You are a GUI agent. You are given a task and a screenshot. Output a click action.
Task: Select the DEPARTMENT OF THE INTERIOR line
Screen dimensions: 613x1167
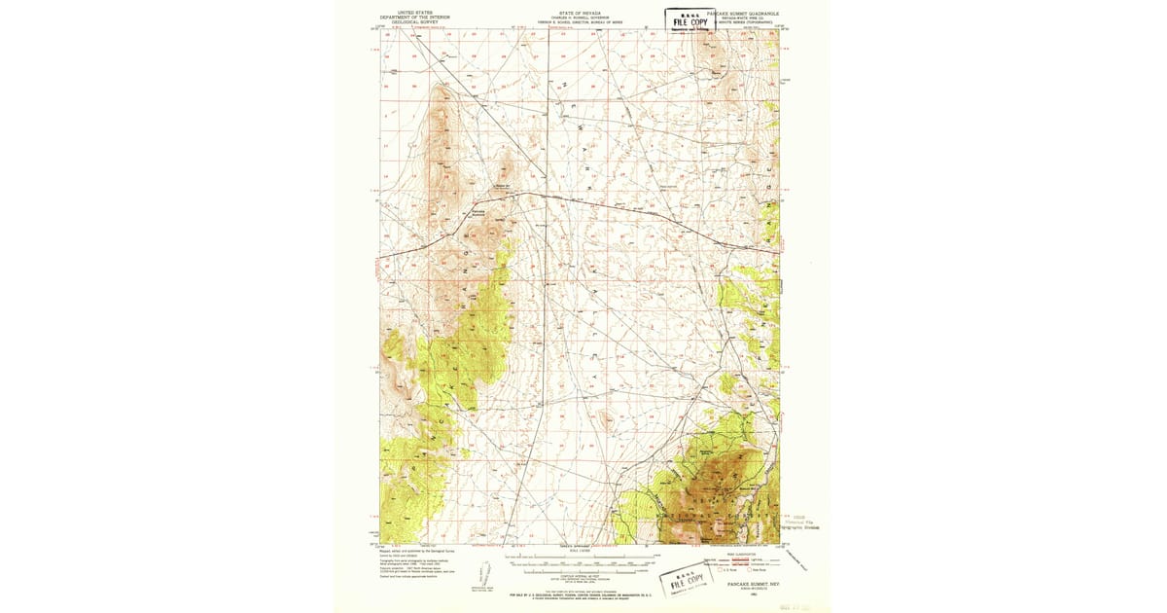click(x=408, y=18)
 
